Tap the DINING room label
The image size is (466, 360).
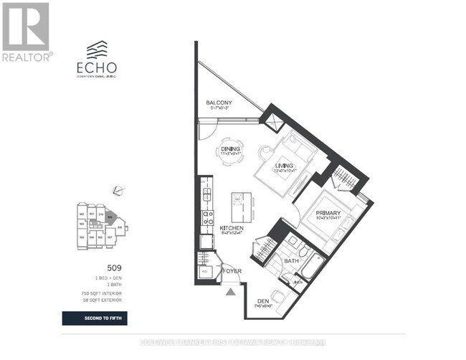(x=230, y=149)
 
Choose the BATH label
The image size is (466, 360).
(x=290, y=262)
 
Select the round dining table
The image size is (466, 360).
(x=231, y=152)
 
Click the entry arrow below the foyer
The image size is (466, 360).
(x=230, y=291)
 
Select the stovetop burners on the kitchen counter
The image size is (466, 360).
(x=206, y=217)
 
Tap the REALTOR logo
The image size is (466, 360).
(x=26, y=32)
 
